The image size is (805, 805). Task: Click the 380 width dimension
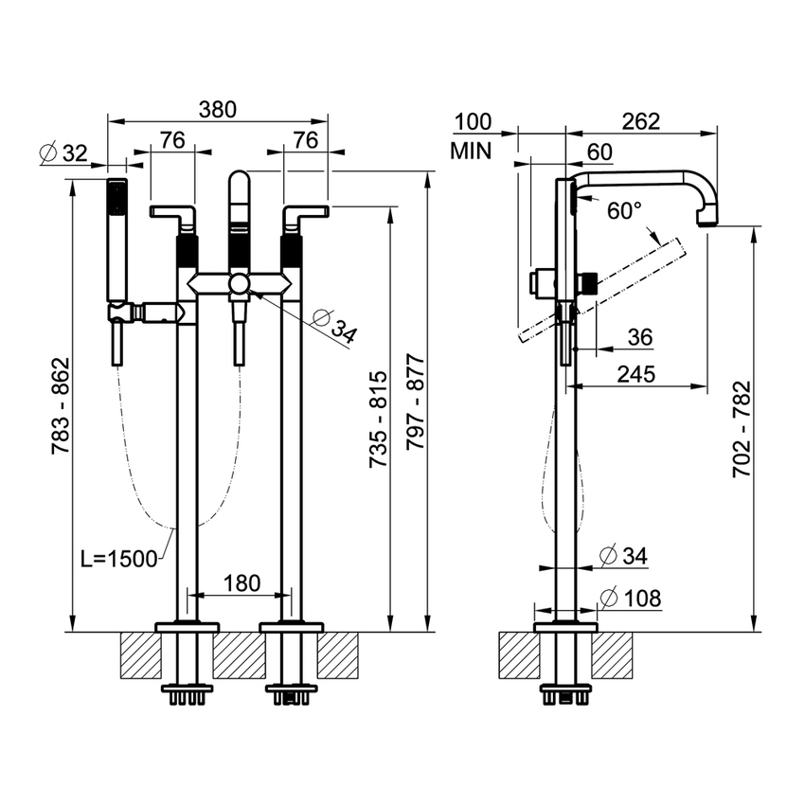pyautogui.click(x=218, y=110)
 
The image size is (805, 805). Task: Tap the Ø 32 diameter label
pyautogui.click(x=63, y=153)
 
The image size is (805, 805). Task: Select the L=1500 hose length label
pyautogui.click(x=119, y=559)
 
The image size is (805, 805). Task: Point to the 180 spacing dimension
pyautogui.click(x=241, y=583)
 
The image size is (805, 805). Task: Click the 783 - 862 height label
pyautogui.click(x=61, y=405)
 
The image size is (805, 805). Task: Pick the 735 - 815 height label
pyautogui.click(x=379, y=419)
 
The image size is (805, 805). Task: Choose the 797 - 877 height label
pyautogui.click(x=416, y=402)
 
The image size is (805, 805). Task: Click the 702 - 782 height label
pyautogui.click(x=742, y=429)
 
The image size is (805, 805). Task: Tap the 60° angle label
pyautogui.click(x=624, y=210)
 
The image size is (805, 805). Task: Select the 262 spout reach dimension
pyautogui.click(x=641, y=121)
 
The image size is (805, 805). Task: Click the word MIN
pyautogui.click(x=471, y=152)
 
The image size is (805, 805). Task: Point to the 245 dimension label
pyautogui.click(x=636, y=374)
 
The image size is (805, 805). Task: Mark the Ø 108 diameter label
pyautogui.click(x=631, y=599)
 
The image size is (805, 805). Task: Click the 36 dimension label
pyautogui.click(x=640, y=337)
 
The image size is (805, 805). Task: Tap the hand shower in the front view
pyautogui.click(x=117, y=240)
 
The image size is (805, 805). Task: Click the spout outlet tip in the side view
pyautogui.click(x=707, y=222)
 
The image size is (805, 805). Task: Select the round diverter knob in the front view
pyautogui.click(x=239, y=283)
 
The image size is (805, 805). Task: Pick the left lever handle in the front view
pyautogui.click(x=173, y=216)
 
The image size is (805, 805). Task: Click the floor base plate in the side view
pyautogui.click(x=565, y=627)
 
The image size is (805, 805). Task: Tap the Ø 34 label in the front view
pyautogui.click(x=333, y=326)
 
